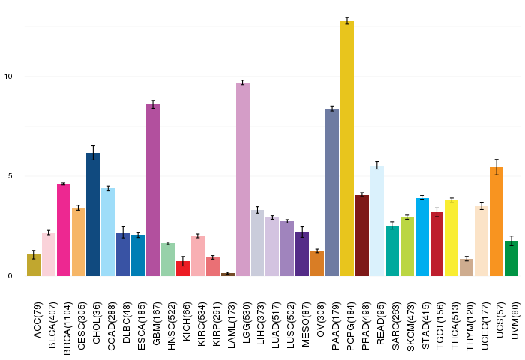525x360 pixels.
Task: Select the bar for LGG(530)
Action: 243,179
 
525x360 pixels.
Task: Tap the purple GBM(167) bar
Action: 153,190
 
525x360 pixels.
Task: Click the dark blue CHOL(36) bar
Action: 93,214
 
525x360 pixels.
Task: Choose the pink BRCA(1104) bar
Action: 64,229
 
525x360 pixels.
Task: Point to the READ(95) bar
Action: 377,220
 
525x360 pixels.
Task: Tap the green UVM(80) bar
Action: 511,258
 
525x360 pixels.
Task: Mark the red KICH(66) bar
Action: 183,268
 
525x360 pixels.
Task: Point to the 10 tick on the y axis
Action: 8,76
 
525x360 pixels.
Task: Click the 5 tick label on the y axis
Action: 10,176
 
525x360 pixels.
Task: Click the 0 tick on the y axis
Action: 10,276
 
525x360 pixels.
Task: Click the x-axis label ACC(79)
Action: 37,319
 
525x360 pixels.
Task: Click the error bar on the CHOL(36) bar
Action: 93,153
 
